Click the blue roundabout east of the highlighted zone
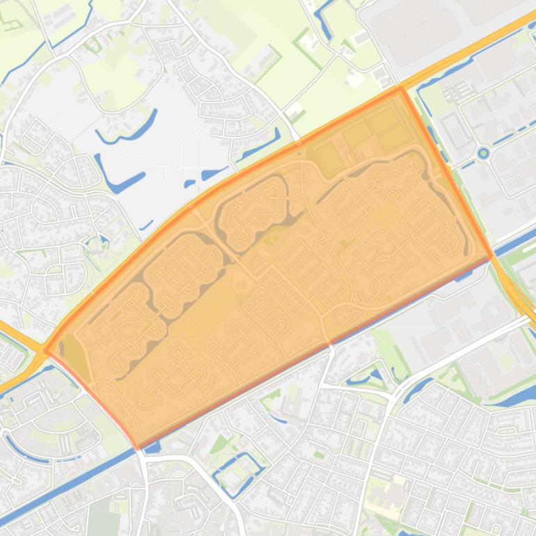pos(483,152)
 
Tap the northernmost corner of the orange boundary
pos(400,88)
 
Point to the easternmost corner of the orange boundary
pos(492,255)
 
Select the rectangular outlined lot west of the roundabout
pos(456,129)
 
